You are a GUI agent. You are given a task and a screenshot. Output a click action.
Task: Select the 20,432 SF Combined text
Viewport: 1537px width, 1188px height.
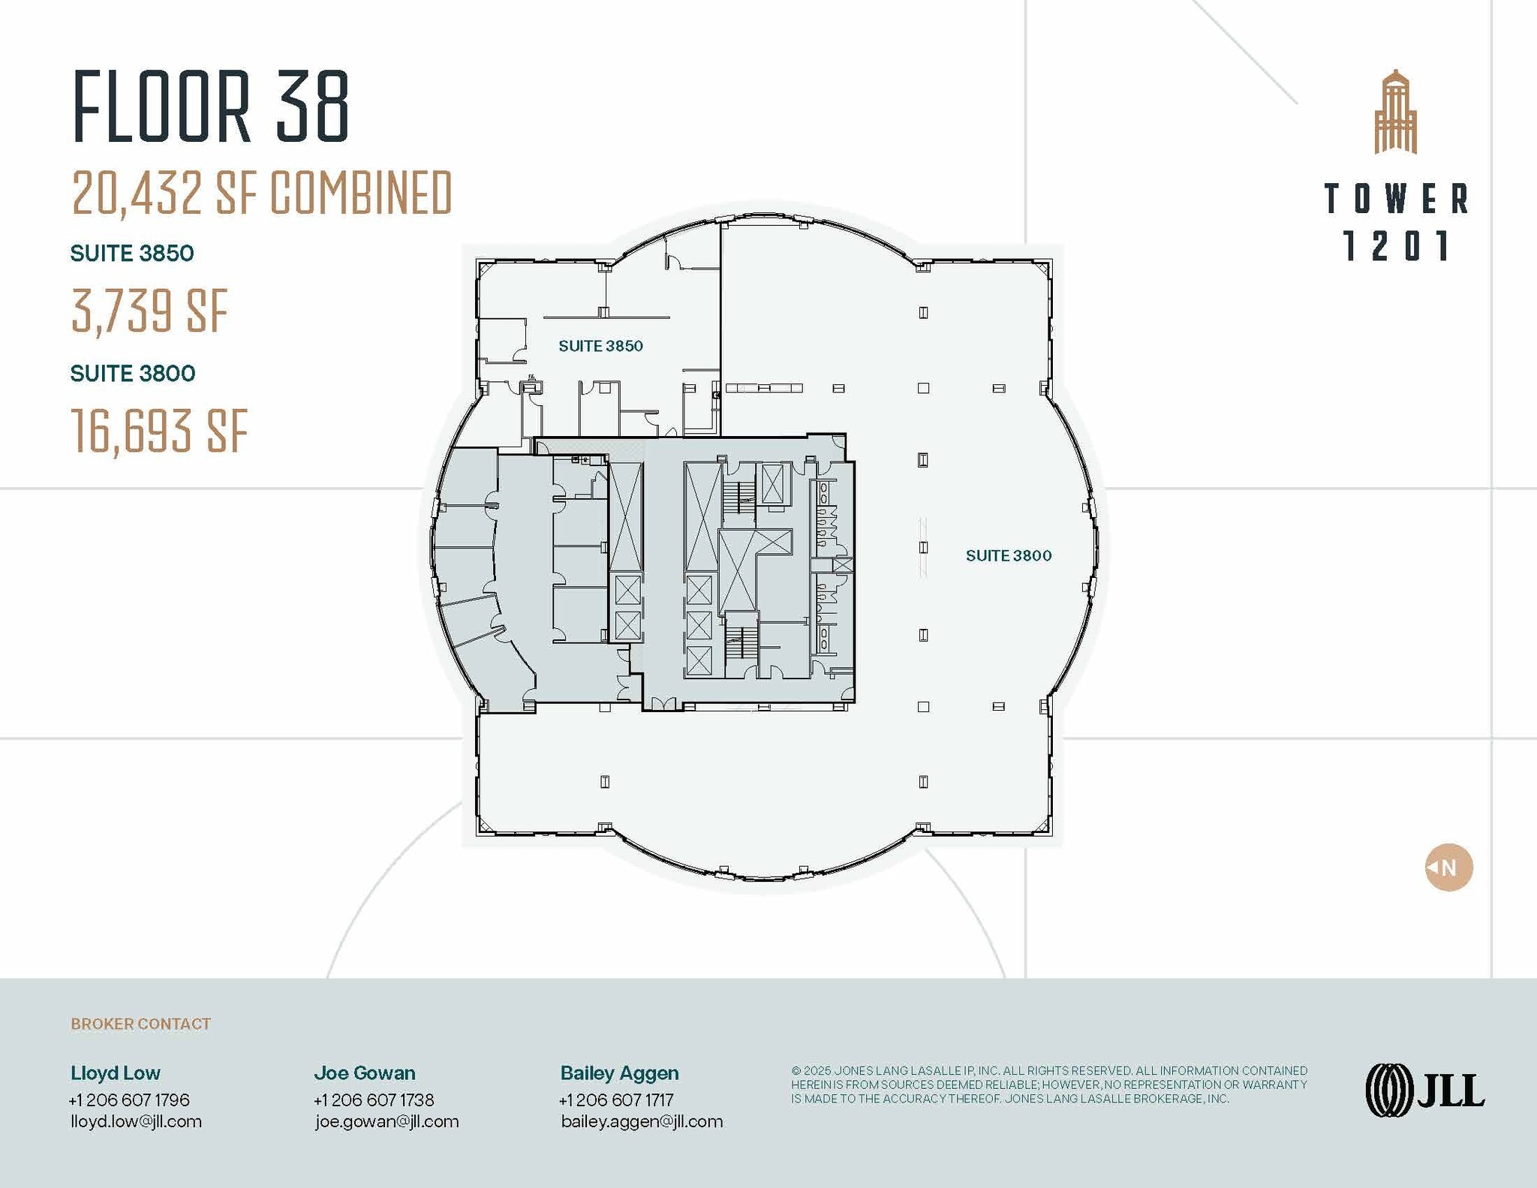click(262, 192)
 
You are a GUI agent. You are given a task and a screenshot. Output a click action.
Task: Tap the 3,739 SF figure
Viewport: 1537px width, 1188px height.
click(149, 311)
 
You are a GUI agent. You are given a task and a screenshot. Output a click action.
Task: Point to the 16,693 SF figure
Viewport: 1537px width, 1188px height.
click(159, 431)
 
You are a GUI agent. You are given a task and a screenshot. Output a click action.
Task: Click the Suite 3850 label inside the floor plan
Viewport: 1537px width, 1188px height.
click(600, 346)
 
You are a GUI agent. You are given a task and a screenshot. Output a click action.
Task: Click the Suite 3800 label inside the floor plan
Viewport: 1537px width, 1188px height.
click(1008, 555)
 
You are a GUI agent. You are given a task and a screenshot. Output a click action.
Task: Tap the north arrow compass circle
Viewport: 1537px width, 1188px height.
click(1448, 868)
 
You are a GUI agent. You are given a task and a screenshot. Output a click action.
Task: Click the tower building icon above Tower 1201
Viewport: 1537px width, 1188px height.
click(1395, 113)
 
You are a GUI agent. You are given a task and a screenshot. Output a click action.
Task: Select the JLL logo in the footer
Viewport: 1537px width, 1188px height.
click(1424, 1090)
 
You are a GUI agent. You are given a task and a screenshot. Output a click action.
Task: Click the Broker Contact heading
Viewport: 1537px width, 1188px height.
click(140, 1024)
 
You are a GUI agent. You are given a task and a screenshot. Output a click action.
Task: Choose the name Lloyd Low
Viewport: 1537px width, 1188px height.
click(116, 1072)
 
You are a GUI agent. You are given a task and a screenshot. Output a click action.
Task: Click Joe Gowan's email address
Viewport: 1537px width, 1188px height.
click(387, 1121)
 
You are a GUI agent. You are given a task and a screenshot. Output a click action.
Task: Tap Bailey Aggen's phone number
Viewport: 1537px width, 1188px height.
click(616, 1099)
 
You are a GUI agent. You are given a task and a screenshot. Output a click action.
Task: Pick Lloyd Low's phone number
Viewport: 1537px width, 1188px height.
click(129, 1099)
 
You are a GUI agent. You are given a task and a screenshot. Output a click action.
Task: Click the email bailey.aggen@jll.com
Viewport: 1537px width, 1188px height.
click(642, 1121)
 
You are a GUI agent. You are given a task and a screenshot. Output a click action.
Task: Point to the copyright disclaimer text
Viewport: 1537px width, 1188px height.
click(1048, 1084)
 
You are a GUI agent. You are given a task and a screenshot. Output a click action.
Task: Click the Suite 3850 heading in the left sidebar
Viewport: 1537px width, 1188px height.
click(132, 253)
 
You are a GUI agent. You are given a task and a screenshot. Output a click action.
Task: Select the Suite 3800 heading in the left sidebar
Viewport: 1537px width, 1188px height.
click(133, 373)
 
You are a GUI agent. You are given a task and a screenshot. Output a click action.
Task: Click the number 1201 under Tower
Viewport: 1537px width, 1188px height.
click(1396, 246)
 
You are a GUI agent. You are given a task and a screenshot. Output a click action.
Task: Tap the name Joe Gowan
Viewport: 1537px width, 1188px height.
click(365, 1072)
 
